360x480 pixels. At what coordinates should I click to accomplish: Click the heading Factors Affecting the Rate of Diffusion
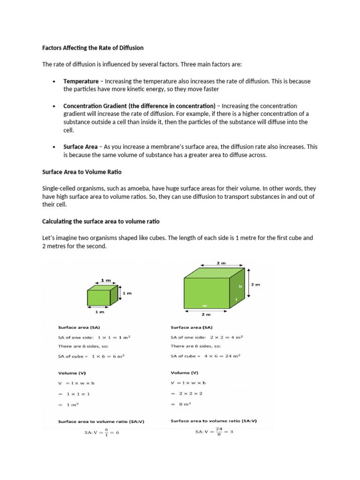click(x=93, y=48)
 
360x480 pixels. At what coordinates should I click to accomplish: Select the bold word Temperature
click(x=81, y=81)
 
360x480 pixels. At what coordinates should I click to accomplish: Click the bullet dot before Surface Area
click(x=55, y=147)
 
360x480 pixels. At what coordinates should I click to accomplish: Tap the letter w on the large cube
click(x=204, y=305)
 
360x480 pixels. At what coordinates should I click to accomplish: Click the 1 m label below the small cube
click(x=99, y=311)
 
